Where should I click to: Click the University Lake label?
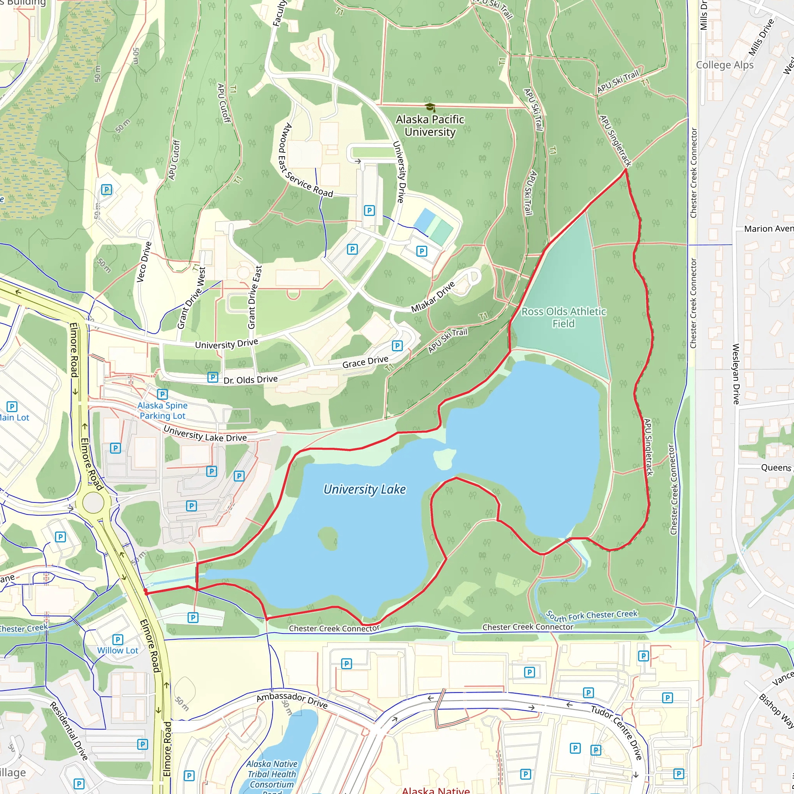(364, 490)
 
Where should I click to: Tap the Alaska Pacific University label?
(430, 125)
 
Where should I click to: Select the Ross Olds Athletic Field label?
(563, 317)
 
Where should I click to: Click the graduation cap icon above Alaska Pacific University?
(430, 108)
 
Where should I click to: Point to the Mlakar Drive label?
(433, 296)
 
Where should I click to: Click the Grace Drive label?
(365, 362)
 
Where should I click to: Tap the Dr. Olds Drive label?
(250, 379)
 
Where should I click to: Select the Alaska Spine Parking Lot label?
(162, 411)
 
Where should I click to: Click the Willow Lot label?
(117, 650)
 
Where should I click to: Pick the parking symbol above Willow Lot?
(118, 639)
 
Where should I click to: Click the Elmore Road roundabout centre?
(93, 502)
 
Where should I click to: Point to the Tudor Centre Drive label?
(617, 732)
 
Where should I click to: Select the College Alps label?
(725, 65)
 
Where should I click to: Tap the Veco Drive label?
(144, 262)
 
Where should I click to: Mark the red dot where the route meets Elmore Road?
(145, 591)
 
